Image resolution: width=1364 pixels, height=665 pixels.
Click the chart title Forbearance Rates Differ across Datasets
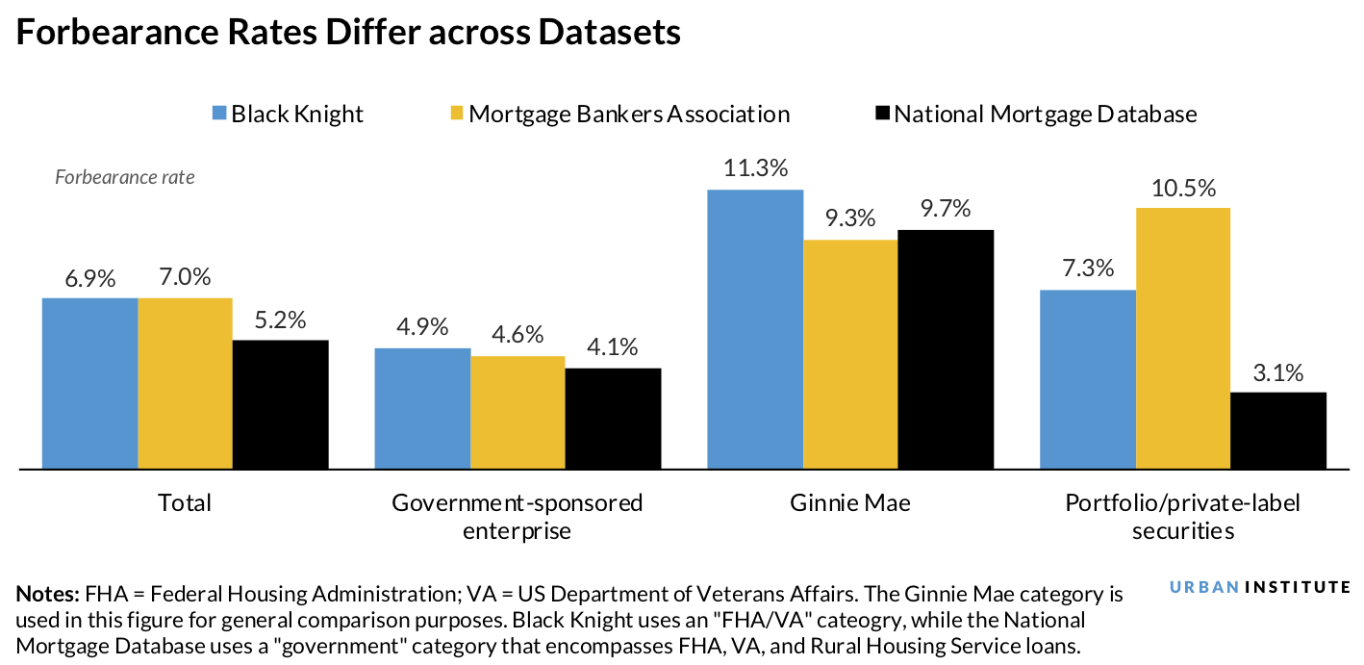tap(348, 33)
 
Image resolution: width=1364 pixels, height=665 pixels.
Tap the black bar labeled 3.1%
tap(1278, 430)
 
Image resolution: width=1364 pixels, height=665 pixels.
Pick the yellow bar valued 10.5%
tap(1183, 338)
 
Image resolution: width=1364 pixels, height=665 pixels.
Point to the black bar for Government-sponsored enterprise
tap(613, 419)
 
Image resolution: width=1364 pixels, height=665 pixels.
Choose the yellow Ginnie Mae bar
tap(850, 354)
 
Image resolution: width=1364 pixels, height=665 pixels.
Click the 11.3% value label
tap(755, 168)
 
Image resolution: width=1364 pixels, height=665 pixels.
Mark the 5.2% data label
tap(280, 320)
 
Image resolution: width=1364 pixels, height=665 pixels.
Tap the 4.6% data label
tap(518, 335)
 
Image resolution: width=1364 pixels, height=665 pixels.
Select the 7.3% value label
tap(1088, 269)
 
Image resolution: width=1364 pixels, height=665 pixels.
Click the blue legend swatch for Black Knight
tap(218, 114)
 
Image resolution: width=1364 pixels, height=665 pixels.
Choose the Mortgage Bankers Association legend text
tap(629, 114)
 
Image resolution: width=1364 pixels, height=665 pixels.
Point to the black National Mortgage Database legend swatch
tap(881, 114)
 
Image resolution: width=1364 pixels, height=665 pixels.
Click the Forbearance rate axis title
tap(125, 177)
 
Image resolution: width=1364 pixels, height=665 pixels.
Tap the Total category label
tap(185, 502)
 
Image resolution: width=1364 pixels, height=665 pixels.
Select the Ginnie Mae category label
tap(850, 502)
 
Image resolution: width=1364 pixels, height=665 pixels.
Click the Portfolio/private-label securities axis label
tap(1182, 516)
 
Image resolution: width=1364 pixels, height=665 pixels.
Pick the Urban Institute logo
tap(1260, 587)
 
